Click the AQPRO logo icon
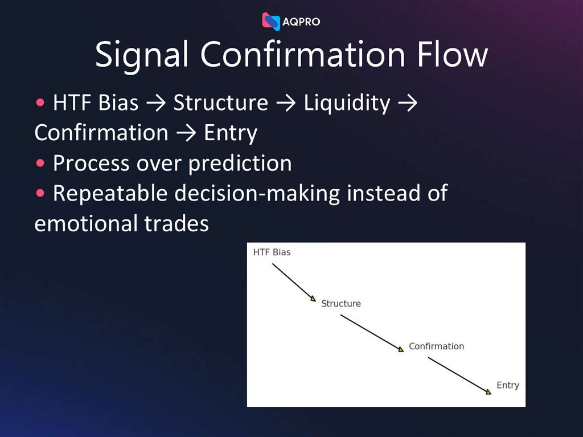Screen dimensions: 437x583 click(271, 21)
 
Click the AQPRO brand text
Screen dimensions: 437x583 click(302, 22)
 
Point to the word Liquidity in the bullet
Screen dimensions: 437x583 click(347, 103)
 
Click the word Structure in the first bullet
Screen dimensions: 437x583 click(220, 103)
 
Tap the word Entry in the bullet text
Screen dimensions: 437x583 click(231, 133)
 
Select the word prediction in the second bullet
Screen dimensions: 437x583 click(240, 164)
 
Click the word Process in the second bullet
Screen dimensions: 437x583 click(91, 164)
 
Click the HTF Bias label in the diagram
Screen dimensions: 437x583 click(272, 252)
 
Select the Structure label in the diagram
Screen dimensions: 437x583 click(341, 304)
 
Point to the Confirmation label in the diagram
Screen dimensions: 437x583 click(436, 346)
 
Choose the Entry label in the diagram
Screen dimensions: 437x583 click(508, 385)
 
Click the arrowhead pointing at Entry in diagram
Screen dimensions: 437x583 click(488, 392)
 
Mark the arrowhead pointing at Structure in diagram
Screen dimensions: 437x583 click(313, 299)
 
